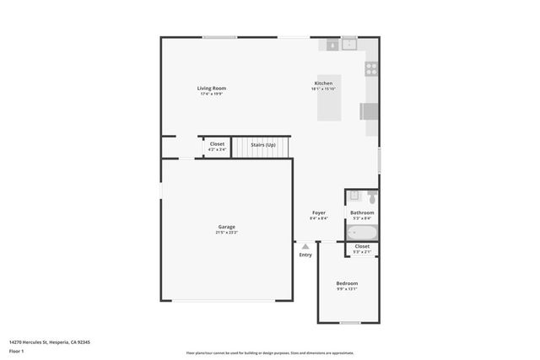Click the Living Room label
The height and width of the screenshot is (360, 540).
click(212, 89)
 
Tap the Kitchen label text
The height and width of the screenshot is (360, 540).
click(323, 83)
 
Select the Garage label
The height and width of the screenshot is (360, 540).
click(226, 227)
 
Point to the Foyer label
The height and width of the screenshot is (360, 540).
click(318, 212)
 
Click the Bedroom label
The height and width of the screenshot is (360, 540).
click(347, 283)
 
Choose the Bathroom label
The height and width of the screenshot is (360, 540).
click(362, 212)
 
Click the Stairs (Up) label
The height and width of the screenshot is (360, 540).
click(263, 145)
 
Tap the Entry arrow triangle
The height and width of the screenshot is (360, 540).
click(305, 246)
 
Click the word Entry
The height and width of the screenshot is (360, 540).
click(305, 255)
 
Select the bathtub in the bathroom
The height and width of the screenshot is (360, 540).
click(362, 232)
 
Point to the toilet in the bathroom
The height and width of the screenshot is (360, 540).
click(371, 197)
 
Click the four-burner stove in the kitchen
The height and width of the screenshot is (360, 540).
click(370, 68)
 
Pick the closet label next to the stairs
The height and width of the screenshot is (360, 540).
click(217, 144)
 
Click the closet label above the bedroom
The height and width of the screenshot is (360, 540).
click(362, 246)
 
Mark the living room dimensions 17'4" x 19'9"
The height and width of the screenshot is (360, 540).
click(212, 94)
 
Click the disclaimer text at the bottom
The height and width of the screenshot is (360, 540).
click(270, 353)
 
